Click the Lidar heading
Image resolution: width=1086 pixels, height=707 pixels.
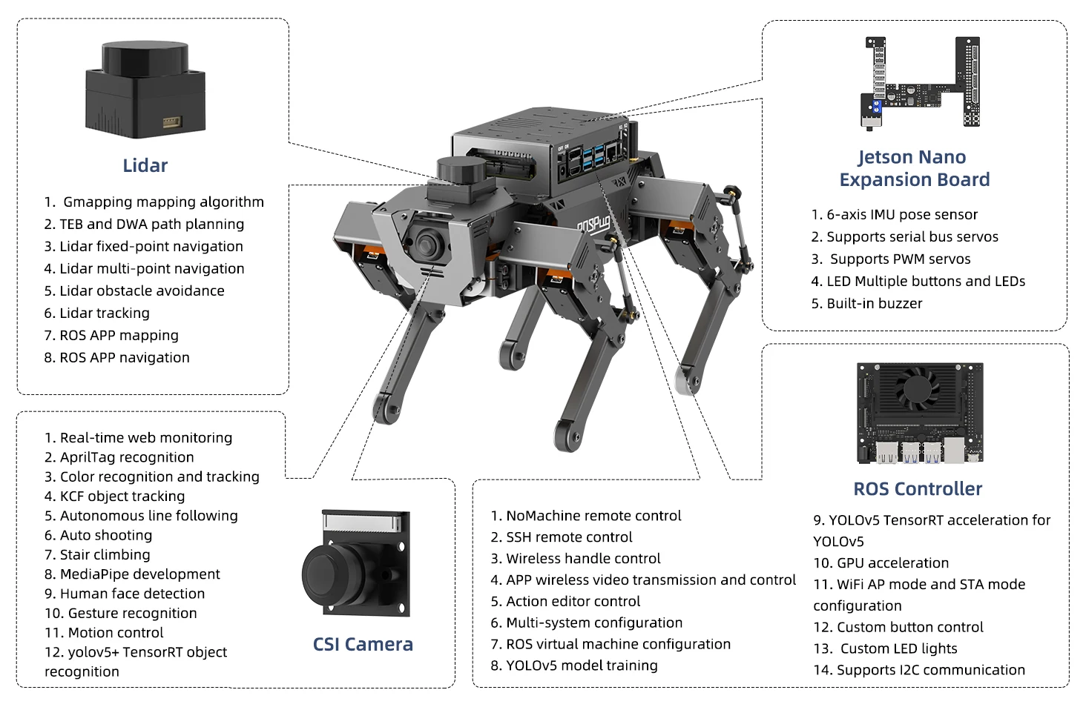(145, 165)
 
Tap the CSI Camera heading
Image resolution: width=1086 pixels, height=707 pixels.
(363, 644)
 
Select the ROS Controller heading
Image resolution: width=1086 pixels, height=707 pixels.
(918, 488)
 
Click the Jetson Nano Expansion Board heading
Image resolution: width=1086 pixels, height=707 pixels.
(914, 168)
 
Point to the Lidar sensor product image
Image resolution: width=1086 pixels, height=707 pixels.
(145, 90)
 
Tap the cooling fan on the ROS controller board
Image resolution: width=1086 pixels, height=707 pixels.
(917, 386)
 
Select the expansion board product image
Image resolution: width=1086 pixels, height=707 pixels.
(920, 82)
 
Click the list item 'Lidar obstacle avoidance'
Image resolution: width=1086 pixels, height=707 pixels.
(134, 291)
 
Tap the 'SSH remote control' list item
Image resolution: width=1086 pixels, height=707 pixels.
(562, 537)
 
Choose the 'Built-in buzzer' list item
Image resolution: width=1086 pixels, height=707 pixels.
(866, 303)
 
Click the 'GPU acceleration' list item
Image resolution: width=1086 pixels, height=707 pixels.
(881, 562)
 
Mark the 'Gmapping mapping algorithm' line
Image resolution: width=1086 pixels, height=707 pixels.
(154, 202)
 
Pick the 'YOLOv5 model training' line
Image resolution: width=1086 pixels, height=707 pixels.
(574, 665)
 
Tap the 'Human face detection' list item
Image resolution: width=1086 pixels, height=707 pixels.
(125, 593)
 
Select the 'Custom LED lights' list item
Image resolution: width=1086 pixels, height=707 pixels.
(886, 648)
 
